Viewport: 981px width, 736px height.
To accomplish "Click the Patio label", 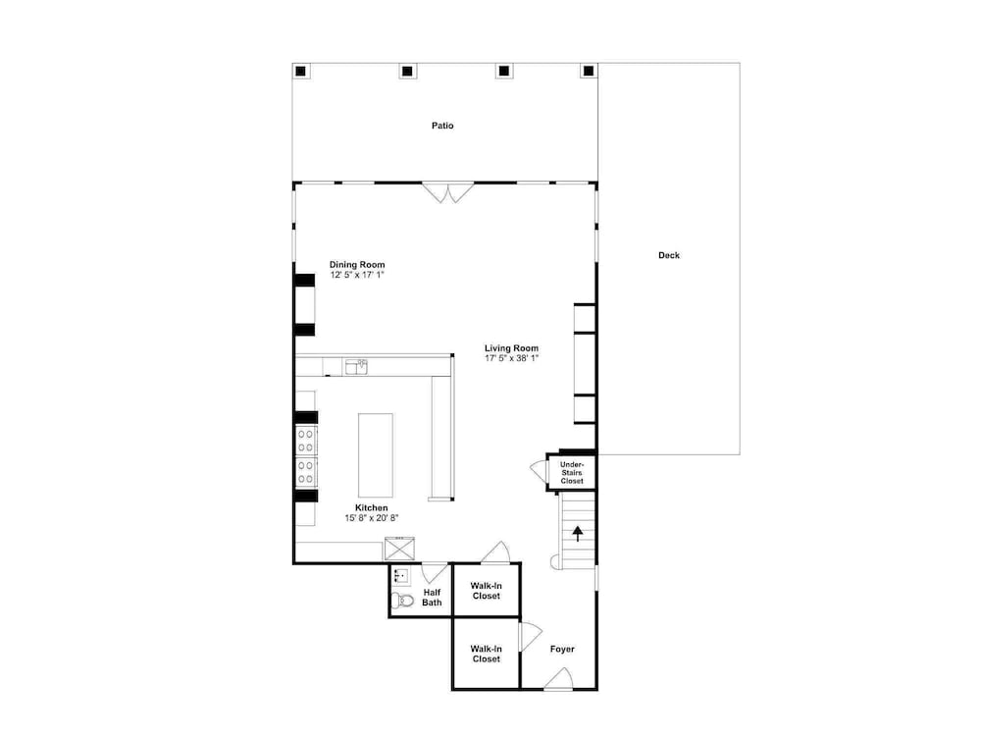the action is click(442, 126).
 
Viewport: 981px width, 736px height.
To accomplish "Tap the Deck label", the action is click(669, 255).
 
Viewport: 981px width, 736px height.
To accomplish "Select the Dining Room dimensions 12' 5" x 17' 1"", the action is click(357, 275).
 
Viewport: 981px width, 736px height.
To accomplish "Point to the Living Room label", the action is click(511, 348).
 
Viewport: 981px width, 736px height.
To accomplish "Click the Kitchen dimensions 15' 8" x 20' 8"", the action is click(372, 518).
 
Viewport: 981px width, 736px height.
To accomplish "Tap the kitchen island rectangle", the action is click(376, 455).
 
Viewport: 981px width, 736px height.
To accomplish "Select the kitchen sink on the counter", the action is click(356, 367).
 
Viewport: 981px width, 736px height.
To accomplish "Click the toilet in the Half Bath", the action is click(403, 602).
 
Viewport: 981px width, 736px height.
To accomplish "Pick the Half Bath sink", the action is click(401, 576).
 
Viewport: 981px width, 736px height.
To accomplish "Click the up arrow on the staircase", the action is click(578, 534).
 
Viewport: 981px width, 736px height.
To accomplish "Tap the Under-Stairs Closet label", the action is click(572, 473).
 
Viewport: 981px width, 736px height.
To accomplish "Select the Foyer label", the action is click(562, 649).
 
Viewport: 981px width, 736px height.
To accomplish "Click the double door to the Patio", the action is click(448, 192).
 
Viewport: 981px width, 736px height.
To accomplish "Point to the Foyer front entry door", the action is click(559, 679).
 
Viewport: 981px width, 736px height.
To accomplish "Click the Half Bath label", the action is click(432, 598).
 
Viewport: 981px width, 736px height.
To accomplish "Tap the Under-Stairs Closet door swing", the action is click(538, 471).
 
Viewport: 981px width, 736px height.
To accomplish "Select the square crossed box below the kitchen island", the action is click(399, 549).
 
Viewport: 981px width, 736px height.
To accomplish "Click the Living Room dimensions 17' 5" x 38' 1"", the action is click(512, 358).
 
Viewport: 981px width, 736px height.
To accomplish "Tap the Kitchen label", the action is click(372, 508).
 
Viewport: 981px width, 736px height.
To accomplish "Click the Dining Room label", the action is click(357, 265).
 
